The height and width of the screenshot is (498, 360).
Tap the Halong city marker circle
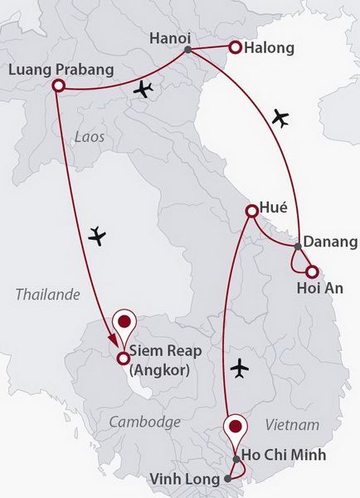click(235, 48)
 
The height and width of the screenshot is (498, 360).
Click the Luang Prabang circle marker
click(58, 85)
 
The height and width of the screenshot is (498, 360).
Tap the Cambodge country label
click(144, 422)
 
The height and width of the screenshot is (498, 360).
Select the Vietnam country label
click(293, 425)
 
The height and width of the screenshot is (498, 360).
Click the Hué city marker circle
click(251, 212)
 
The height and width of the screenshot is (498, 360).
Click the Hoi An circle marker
click(311, 271)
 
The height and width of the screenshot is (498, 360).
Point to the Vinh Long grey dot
click(228, 479)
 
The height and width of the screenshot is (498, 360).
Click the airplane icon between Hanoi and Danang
click(281, 119)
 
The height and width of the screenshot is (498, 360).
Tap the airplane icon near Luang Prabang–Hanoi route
click(144, 89)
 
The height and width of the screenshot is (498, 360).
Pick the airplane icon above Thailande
click(98, 237)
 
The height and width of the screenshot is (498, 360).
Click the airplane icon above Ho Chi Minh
click(241, 366)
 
